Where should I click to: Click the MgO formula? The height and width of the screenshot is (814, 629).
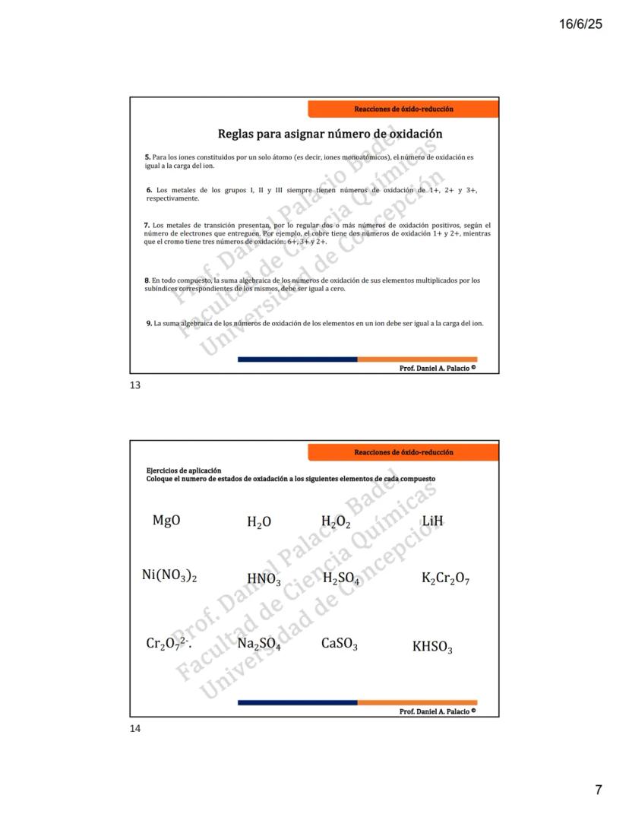(x=166, y=521)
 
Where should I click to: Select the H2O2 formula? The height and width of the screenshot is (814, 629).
(x=336, y=522)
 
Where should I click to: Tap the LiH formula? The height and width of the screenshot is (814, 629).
(x=431, y=521)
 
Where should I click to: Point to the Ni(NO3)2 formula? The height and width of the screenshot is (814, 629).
(x=169, y=576)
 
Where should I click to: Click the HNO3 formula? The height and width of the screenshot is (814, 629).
(x=264, y=580)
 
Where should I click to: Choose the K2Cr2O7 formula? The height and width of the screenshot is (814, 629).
(x=445, y=579)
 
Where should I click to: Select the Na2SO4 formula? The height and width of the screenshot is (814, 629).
(x=259, y=645)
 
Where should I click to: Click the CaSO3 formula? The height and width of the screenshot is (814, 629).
(x=340, y=645)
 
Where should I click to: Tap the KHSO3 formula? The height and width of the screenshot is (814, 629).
(x=432, y=648)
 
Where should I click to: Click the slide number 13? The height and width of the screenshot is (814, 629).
(x=135, y=385)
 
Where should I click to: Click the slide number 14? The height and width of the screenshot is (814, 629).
(x=135, y=728)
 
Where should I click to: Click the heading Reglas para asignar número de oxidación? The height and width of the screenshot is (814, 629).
(x=330, y=135)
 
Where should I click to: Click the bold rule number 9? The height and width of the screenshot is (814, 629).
(x=149, y=323)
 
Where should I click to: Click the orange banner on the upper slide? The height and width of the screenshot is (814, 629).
(x=403, y=109)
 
